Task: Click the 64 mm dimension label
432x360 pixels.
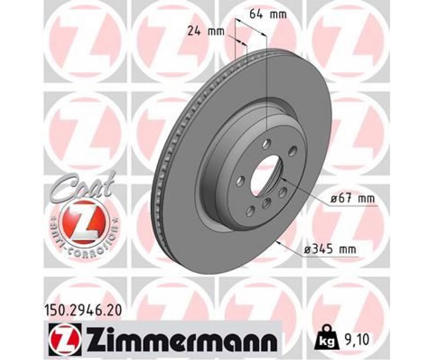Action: [x=268, y=14]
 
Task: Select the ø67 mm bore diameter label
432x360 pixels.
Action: [x=352, y=198]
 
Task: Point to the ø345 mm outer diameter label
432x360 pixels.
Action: [x=329, y=250]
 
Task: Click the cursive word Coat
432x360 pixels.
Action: [x=83, y=186]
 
